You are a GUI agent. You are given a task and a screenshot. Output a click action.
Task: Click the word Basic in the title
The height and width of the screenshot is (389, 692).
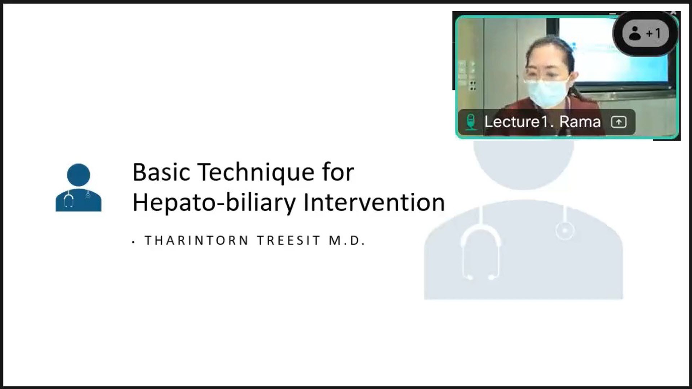(161, 172)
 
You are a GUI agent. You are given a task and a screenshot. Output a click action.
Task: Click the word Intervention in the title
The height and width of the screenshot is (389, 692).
(374, 202)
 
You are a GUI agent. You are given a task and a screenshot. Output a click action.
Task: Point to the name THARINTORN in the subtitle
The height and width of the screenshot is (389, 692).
(196, 241)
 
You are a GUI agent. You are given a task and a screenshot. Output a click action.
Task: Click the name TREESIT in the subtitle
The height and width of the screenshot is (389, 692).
(288, 241)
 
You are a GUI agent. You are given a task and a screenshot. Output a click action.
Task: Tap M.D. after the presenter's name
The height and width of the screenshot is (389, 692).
(347, 241)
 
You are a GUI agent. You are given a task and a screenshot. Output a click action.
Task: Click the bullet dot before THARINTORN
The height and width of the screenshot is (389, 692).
(134, 242)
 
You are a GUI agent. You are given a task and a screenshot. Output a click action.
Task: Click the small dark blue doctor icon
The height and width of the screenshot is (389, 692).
(79, 188)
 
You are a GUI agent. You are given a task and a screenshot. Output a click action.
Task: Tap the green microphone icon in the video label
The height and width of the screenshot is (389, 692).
(470, 122)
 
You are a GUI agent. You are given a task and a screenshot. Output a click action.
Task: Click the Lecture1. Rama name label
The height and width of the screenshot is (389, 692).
(542, 122)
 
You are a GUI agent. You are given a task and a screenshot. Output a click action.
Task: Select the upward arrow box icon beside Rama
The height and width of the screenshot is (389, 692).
(619, 122)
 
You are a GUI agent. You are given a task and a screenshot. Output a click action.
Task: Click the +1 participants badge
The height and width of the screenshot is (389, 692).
(646, 33)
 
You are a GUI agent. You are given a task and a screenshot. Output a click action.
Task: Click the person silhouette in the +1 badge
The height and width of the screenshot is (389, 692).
(635, 33)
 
